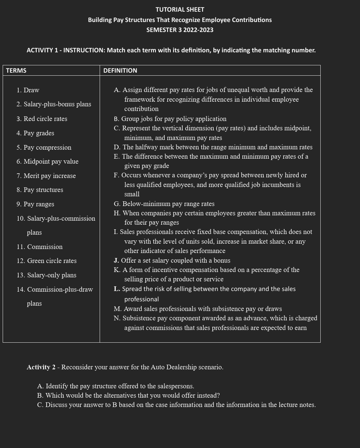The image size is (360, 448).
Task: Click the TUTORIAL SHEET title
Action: pos(180,10)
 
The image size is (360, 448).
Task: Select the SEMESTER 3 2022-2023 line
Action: pos(180,30)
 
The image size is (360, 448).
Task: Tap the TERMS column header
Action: pos(16,70)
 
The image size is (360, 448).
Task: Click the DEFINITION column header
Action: pos(120,70)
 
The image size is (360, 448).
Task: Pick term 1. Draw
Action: pos(28,90)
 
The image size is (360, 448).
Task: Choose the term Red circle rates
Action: pos(42,119)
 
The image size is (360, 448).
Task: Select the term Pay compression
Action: pos(44,147)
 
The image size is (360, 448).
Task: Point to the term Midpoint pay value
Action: pos(48,161)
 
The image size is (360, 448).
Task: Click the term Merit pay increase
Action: pos(46,176)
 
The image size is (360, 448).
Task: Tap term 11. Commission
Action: pos(40,247)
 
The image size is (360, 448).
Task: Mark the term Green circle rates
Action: pos(47,261)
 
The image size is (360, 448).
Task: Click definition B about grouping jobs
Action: pos(170,119)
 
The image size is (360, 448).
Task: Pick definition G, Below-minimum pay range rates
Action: pos(164,204)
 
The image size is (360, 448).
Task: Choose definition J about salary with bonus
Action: pos(172,260)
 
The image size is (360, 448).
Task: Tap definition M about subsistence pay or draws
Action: pos(198,309)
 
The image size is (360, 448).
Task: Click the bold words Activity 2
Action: pos(41,367)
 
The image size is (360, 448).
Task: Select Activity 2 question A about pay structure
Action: pos(116,386)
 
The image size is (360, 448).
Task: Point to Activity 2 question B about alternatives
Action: pos(128,395)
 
